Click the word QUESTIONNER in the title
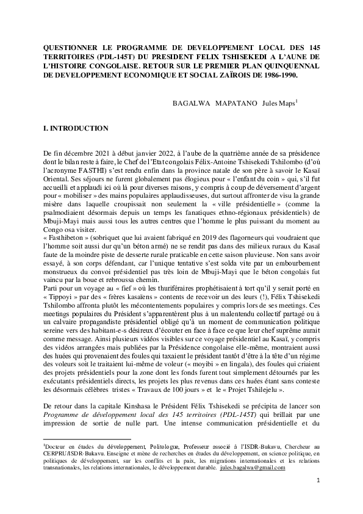(x=73, y=47)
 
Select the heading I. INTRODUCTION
(x=76, y=129)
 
